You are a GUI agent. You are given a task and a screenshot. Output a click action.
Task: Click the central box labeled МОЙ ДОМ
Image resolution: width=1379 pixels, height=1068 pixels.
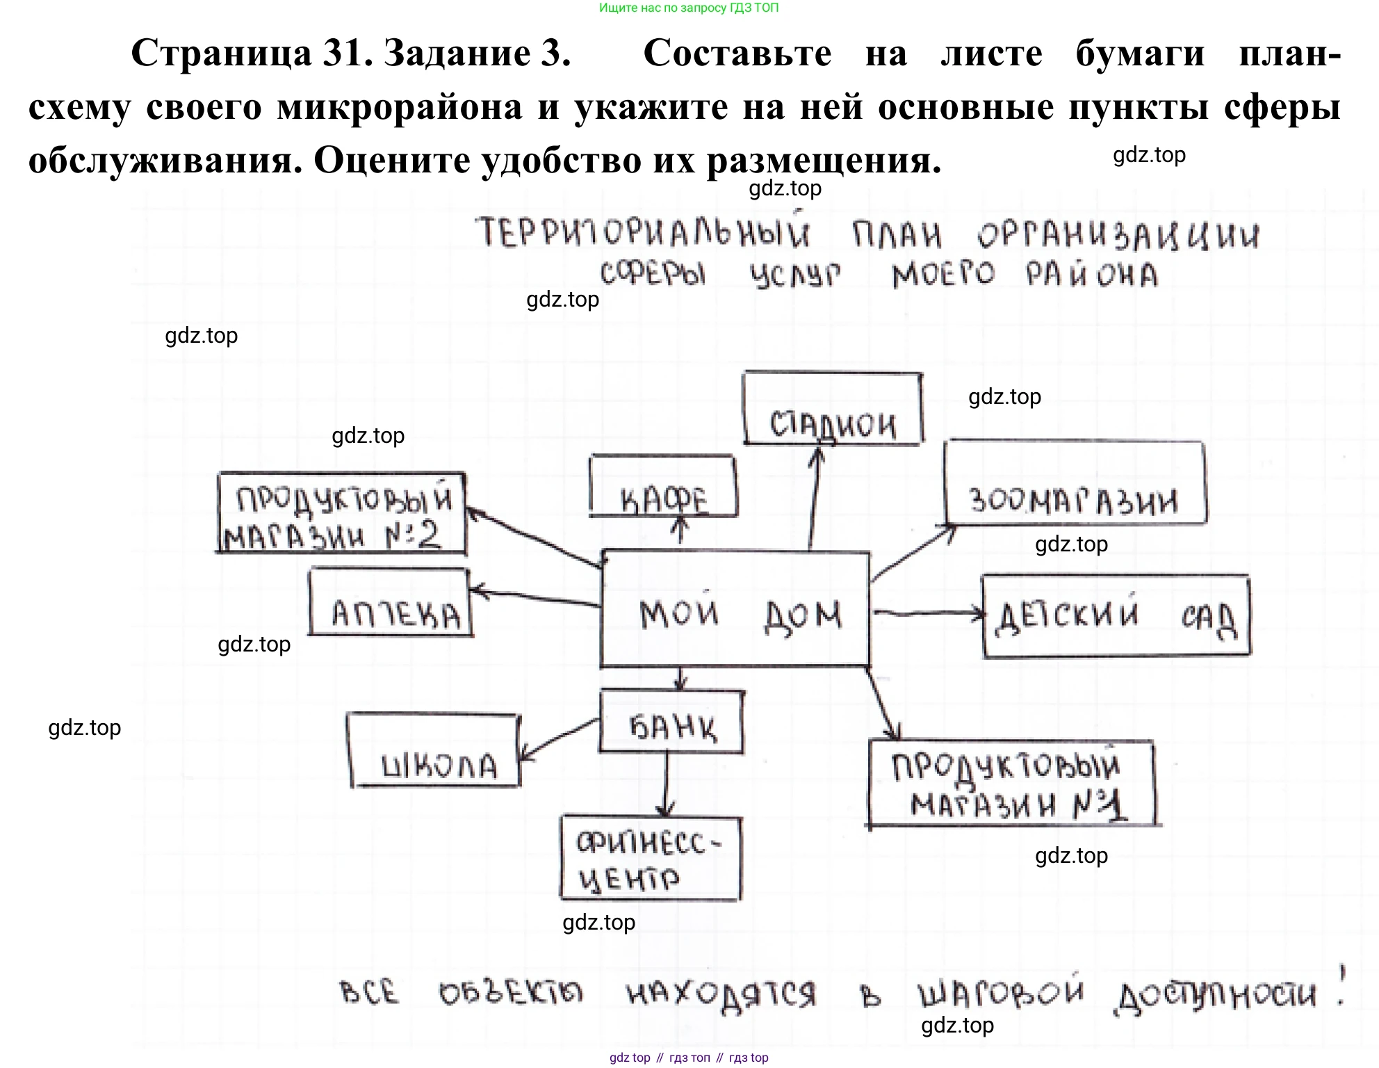tap(735, 609)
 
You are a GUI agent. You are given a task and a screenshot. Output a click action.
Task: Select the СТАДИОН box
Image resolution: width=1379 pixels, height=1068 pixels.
tap(833, 409)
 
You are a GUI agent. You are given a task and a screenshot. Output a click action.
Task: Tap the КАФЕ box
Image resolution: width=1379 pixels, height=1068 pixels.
tap(663, 487)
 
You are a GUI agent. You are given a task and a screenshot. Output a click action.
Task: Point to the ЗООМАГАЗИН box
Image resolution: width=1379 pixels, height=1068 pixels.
tap(1075, 483)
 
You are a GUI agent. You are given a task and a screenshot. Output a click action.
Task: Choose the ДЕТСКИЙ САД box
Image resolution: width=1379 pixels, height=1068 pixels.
tap(1116, 616)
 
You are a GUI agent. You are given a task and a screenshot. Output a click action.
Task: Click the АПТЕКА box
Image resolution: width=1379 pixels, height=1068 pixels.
tap(391, 602)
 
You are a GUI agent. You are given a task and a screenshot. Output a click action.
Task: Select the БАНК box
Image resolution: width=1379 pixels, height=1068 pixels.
tap(671, 722)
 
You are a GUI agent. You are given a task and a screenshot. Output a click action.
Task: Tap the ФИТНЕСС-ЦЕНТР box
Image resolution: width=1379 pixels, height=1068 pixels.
tap(651, 859)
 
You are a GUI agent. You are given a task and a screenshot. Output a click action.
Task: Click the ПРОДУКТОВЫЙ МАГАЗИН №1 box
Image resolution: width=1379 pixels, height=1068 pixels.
tap(1012, 784)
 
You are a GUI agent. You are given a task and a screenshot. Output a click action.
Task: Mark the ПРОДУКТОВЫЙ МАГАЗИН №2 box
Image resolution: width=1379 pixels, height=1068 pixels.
tap(341, 514)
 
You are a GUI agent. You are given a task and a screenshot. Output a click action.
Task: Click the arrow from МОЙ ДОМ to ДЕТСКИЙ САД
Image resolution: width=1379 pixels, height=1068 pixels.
tap(927, 613)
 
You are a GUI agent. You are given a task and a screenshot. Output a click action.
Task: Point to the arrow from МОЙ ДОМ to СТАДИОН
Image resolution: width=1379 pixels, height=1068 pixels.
tap(814, 497)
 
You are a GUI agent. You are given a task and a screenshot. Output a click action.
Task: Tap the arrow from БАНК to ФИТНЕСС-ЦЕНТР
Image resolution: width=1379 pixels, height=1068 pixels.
tap(667, 784)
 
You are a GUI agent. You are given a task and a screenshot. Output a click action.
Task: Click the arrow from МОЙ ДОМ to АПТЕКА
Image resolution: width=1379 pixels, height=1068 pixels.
tap(535, 598)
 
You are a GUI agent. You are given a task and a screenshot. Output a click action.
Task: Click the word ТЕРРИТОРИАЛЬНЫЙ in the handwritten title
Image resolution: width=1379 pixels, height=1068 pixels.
tap(643, 232)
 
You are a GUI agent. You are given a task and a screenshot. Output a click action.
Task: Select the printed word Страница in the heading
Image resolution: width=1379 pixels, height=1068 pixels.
tap(221, 53)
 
